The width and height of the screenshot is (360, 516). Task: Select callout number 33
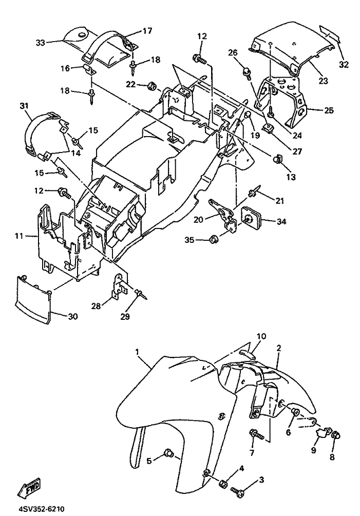tap(40, 43)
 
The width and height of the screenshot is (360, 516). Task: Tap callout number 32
tap(344, 65)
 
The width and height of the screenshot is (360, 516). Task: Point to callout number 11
tap(19, 236)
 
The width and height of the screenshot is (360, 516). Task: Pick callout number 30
tap(72, 317)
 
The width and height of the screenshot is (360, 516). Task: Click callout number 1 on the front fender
tap(138, 352)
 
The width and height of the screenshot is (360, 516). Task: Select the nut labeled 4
tap(223, 484)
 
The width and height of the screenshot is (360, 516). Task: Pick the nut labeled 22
tap(152, 85)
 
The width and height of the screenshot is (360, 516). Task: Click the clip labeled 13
tap(278, 159)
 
